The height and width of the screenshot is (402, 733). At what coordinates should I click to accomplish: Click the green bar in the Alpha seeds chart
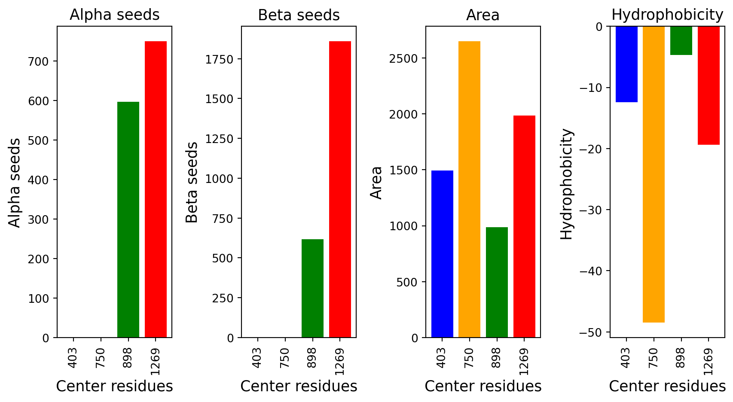pos(128,219)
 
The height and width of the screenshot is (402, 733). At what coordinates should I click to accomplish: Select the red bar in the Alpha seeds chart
pos(156,189)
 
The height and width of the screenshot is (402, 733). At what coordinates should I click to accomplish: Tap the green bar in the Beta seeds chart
pos(312,288)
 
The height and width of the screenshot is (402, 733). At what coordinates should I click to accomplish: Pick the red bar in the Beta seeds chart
pos(340,189)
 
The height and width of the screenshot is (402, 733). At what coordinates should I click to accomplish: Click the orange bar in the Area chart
pos(469,189)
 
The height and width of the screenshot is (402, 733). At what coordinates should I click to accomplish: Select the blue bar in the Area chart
pos(442,254)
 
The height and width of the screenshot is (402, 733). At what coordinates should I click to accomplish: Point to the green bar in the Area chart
pos(497,282)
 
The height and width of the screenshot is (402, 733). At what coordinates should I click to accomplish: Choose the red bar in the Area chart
pos(524,226)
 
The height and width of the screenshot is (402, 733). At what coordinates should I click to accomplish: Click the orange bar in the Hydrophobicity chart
pos(654,174)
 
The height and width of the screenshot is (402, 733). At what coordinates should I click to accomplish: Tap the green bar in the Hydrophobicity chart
pos(681,40)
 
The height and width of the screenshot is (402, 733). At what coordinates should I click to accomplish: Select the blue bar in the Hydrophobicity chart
pos(626,64)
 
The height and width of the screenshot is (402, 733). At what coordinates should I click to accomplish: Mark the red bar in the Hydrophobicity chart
pos(709,85)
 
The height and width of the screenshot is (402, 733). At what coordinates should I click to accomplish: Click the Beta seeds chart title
pos(299,15)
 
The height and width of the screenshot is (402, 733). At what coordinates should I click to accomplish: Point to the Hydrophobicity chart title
pos(667,15)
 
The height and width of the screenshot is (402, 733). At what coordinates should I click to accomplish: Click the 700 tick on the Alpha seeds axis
pos(38,61)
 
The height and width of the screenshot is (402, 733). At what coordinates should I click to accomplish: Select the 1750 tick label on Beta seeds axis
pos(219,59)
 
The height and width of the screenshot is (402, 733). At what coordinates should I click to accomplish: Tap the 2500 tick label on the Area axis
pos(403,58)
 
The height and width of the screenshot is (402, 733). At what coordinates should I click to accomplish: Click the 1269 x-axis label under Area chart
pos(524,362)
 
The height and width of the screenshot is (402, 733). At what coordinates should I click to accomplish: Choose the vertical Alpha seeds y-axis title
pos(14,183)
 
